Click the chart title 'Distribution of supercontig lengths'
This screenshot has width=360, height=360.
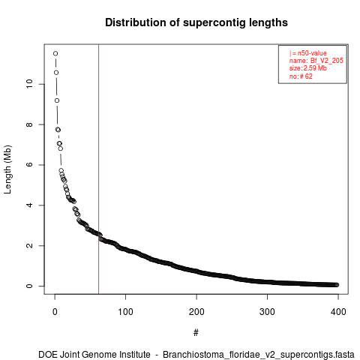[x=196, y=22]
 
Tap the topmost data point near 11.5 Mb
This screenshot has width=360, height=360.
[x=55, y=53]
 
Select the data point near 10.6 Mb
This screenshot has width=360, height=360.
[x=56, y=73]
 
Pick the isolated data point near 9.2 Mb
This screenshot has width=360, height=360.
[x=57, y=100]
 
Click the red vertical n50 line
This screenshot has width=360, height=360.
[x=99, y=169]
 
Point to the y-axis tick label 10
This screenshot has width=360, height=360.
[x=29, y=84]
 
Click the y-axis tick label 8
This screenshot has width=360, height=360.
[x=29, y=124]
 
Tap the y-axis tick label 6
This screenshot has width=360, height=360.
[x=29, y=165]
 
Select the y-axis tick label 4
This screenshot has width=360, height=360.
[x=29, y=205]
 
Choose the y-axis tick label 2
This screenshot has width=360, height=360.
[x=29, y=245]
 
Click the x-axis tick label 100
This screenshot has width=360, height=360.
[x=125, y=312]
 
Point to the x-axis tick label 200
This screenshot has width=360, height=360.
[x=196, y=312]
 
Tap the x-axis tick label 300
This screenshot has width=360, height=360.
[x=267, y=312]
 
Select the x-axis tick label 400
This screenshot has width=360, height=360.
[x=338, y=312]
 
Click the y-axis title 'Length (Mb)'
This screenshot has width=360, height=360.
[x=7, y=169]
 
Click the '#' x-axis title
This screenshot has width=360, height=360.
[x=196, y=333]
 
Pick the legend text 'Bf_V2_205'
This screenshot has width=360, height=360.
[x=327, y=61]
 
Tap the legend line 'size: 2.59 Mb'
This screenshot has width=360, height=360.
[x=308, y=68]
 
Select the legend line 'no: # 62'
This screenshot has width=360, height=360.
[x=301, y=76]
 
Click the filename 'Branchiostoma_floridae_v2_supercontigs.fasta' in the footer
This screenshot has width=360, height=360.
[x=259, y=355]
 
